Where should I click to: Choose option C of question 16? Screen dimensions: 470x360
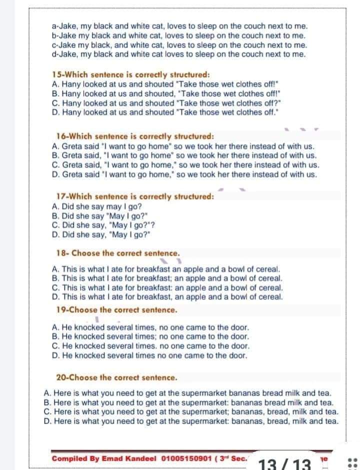pos(185,165)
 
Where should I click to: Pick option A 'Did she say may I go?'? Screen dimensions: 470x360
pos(97,206)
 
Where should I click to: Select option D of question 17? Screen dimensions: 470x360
pos(101,234)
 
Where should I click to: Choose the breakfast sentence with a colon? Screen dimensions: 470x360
pos(167,288)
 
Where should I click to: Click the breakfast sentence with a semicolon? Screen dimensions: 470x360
pos(167,278)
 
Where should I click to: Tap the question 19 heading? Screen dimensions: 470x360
pos(117,310)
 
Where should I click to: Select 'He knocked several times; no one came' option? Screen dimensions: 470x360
pos(150,337)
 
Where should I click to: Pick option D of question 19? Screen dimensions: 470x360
pos(149,356)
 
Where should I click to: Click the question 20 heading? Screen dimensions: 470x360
pos(117,377)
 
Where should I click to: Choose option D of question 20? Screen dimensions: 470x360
pos(191,421)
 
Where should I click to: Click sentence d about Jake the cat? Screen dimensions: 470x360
pos(178,54)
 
